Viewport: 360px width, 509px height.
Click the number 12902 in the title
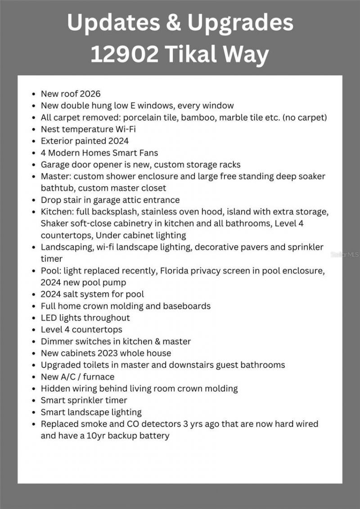[x=125, y=54]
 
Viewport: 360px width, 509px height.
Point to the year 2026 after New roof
[x=90, y=94]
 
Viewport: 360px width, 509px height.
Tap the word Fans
[x=148, y=153]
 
